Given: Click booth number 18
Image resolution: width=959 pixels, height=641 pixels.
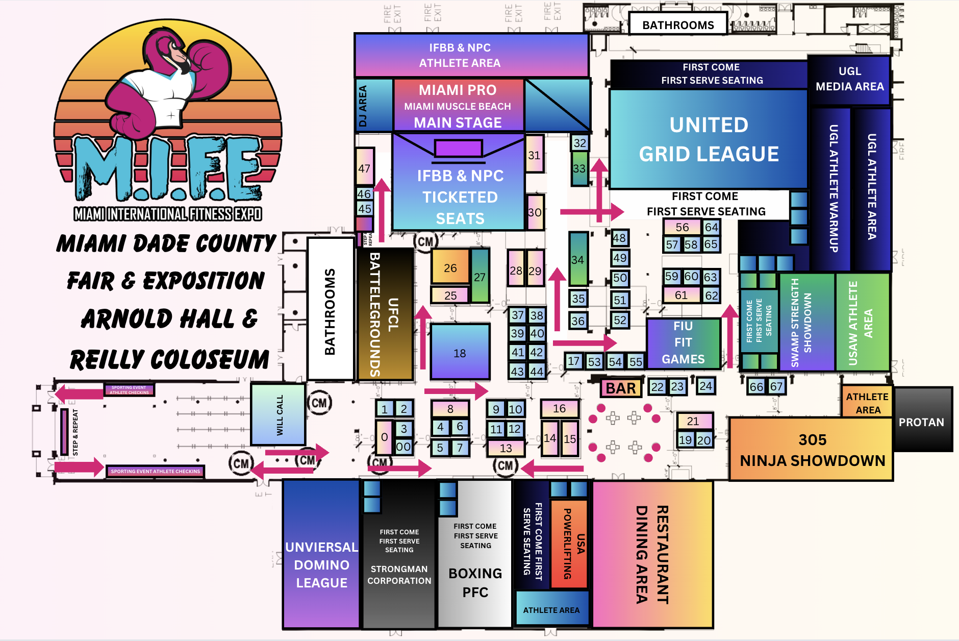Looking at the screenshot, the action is (x=460, y=353).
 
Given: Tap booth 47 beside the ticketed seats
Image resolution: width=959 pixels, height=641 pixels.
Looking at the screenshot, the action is (x=364, y=168).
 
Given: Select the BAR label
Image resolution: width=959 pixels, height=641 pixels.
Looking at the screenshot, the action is (x=621, y=388).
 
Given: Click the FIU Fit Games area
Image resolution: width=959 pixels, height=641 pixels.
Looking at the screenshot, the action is (x=683, y=343).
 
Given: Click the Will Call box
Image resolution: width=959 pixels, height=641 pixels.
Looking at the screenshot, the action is (x=279, y=414).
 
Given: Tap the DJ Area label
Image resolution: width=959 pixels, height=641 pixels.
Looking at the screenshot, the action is (x=363, y=106).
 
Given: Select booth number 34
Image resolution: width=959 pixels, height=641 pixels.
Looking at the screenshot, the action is (x=577, y=260).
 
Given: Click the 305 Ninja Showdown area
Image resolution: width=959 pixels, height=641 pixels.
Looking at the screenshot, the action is (x=812, y=450).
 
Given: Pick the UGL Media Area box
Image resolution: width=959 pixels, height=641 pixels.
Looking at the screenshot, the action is (x=849, y=80).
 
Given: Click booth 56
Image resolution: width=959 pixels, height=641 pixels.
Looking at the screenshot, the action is (x=682, y=227).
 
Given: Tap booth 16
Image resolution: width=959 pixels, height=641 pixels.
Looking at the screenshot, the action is (x=560, y=408).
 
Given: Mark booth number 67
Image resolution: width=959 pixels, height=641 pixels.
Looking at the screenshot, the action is (x=776, y=386).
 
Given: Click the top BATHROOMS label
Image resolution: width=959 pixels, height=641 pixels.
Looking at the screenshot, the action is (x=678, y=24).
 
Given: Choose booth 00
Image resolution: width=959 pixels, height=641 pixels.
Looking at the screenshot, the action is (x=403, y=447).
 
